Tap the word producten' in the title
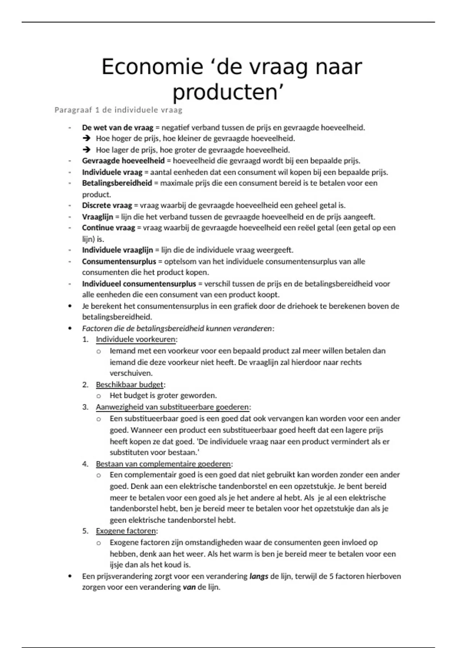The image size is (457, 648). click(x=228, y=92)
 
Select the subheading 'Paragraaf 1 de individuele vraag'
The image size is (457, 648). click(x=118, y=110)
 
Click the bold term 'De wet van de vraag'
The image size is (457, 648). click(x=118, y=128)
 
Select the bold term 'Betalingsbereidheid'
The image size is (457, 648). click(x=117, y=183)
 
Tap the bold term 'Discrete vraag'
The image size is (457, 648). click(x=107, y=205)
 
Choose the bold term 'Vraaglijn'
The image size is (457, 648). click(x=97, y=217)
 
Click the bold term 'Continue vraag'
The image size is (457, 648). click(x=109, y=228)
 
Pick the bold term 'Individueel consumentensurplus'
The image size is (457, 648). click(x=139, y=284)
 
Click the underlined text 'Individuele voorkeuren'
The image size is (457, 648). click(x=136, y=339)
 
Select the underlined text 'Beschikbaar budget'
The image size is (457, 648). click(x=129, y=385)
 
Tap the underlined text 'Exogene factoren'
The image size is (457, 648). click(x=126, y=531)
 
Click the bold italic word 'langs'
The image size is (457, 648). click(x=259, y=576)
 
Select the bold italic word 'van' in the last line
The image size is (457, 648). click(x=189, y=587)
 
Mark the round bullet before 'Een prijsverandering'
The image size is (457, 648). click(x=70, y=576)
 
